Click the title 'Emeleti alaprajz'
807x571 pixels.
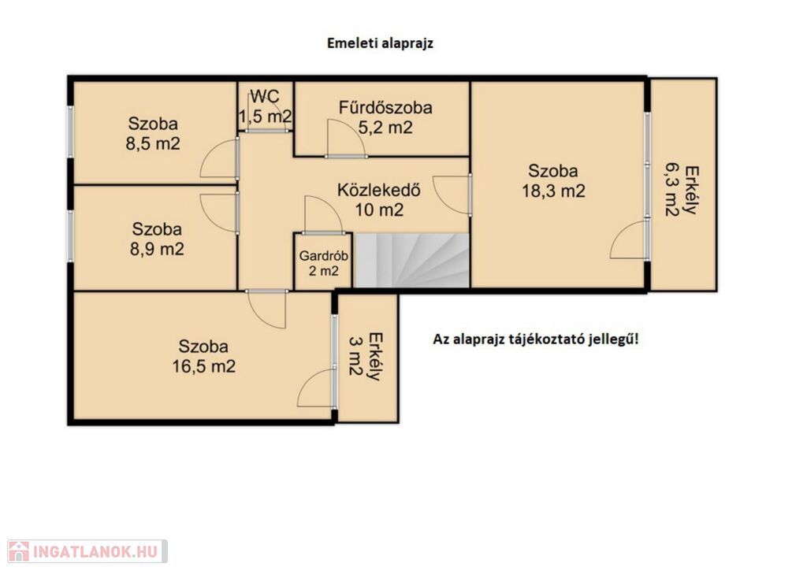(380, 43)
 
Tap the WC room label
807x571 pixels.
(265, 106)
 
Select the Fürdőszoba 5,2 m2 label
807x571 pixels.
(385, 117)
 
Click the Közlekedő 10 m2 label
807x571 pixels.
(379, 199)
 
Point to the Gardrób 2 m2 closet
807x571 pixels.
(323, 262)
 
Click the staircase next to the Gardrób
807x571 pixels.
(411, 260)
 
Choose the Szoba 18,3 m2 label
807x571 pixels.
(553, 180)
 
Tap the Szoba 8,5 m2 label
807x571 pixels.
(153, 133)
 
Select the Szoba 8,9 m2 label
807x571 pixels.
(157, 239)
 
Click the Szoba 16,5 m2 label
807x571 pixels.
(203, 356)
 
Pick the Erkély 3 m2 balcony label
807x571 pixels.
(366, 357)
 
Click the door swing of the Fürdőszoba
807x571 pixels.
(346, 138)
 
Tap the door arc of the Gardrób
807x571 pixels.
(323, 214)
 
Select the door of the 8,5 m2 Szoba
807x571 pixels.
(219, 159)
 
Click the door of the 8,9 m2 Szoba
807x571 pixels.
(219, 213)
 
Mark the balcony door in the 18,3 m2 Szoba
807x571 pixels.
(629, 239)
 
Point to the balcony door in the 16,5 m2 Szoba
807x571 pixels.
(316, 388)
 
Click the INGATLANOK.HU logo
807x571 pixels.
(87, 551)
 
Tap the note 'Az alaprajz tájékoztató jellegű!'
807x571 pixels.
(536, 339)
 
